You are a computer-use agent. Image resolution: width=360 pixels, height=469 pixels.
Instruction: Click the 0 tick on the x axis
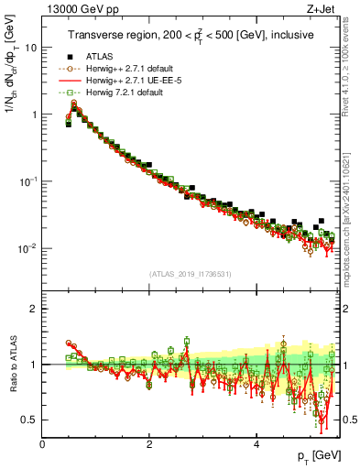point(43,443)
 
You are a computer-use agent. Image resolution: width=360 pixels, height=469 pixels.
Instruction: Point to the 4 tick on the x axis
point(256,443)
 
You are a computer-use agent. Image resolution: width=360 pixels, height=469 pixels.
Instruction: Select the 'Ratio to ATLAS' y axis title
point(12,364)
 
